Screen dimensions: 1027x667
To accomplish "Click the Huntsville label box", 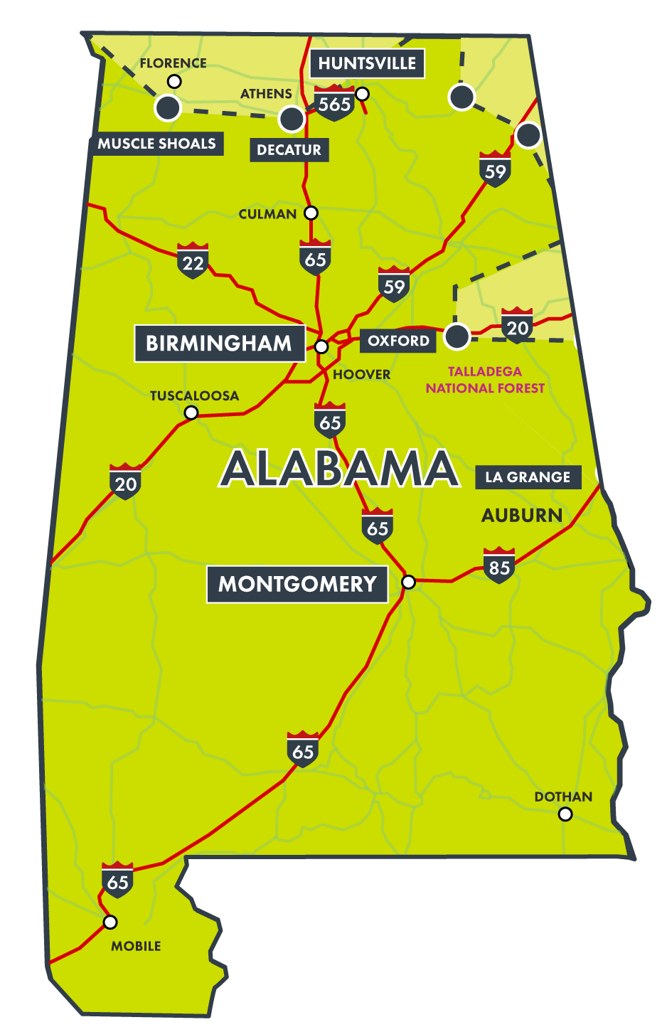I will pos(367,63).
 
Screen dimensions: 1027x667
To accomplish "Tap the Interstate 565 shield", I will pos(334,104).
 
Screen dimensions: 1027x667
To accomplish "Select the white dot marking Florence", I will pos(174,82).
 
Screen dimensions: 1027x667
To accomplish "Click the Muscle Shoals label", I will pos(157,144).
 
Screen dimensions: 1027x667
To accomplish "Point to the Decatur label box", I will pos(289,150).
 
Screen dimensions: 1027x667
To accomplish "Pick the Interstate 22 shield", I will pos(193,262).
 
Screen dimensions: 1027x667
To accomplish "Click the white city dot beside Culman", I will pos(311,213).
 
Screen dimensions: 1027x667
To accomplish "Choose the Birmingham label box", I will pos(219,344).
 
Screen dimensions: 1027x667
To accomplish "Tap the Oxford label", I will pos(398,341).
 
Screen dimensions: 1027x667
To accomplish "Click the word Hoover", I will pos(362,375).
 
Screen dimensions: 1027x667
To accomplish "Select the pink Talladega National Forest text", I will pos(485,380).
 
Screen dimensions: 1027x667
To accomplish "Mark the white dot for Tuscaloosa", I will pos(191,413).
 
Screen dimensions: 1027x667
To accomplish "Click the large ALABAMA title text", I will pos(339,469).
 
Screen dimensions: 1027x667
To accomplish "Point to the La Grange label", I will pos(528,477).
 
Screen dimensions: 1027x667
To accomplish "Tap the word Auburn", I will pos(522,516).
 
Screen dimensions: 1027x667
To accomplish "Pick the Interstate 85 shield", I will pos(499,566).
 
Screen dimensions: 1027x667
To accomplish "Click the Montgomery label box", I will pos(297,585).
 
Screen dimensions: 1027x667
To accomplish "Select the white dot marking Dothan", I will pos(565,814).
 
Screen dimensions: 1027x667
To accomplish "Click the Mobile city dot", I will pos(110,922).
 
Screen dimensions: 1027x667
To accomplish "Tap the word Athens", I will pos(266,94).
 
